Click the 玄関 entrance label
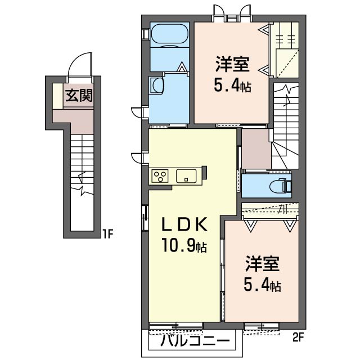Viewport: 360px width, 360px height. [79, 96]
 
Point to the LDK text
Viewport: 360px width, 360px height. [185, 224]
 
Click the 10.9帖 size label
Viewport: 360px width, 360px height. [184, 245]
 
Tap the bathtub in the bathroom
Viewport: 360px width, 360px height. [169, 33]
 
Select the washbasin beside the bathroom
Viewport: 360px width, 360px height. [156, 85]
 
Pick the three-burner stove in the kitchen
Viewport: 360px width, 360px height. [160, 176]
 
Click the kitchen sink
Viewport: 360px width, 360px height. [186, 176]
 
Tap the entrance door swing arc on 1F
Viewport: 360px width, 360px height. [79, 60]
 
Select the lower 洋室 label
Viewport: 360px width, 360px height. [262, 264]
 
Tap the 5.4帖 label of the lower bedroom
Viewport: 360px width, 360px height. [263, 285]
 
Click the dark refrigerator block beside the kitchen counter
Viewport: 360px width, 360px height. [204, 173]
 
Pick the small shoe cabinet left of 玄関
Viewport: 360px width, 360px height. [58, 96]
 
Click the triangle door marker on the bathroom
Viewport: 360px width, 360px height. [182, 67]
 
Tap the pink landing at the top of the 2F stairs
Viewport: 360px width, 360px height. [256, 148]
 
